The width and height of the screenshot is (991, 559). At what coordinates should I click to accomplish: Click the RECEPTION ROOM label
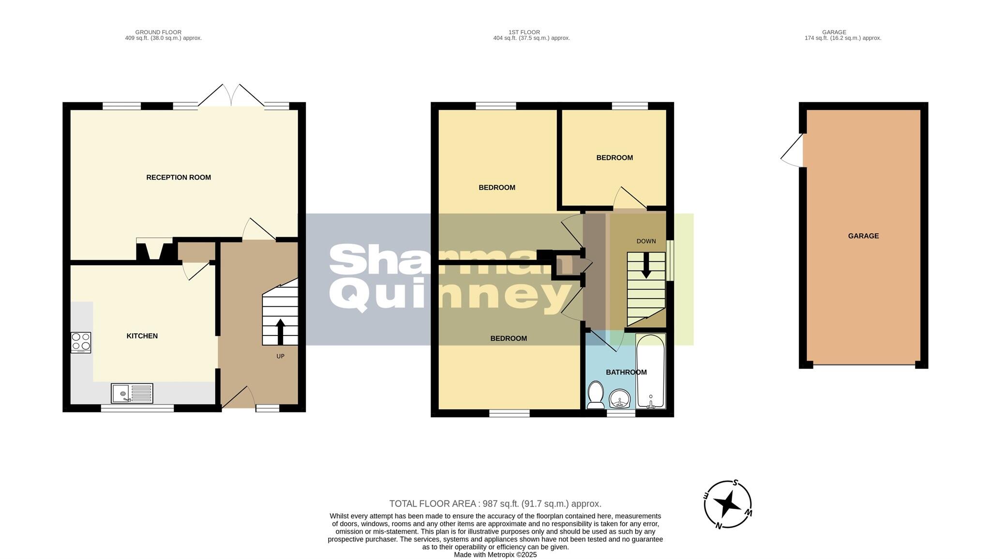click(179, 178)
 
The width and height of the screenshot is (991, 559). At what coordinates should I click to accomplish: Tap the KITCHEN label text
click(142, 336)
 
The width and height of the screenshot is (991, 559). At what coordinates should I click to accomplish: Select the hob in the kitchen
click(81, 342)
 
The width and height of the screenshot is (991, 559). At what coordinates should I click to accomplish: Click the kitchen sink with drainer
click(132, 393)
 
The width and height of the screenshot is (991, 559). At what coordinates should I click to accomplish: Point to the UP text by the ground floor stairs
click(280, 356)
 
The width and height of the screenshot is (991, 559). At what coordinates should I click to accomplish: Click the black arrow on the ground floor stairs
click(280, 331)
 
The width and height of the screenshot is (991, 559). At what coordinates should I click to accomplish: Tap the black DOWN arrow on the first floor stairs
click(646, 266)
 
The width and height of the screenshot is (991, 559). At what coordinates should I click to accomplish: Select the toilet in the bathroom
click(595, 394)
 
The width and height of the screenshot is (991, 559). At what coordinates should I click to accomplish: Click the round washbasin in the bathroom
click(620, 400)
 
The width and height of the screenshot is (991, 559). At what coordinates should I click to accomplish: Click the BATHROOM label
click(626, 372)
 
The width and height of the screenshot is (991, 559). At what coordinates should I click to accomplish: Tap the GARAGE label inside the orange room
click(863, 236)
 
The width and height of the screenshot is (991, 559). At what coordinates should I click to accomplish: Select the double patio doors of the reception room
click(231, 95)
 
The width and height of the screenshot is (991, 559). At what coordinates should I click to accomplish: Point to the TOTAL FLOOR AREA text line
click(495, 504)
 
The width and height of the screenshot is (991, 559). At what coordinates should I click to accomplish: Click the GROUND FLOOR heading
click(158, 32)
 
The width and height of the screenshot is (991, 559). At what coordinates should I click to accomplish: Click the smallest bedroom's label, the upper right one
click(615, 158)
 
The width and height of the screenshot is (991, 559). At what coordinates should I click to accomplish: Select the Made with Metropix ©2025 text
click(495, 555)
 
